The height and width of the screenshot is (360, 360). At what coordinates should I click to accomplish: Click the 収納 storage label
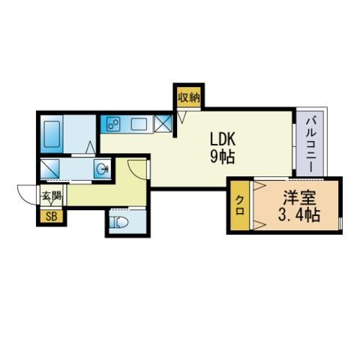click(189, 97)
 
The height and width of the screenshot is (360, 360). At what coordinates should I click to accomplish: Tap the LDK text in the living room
click(223, 139)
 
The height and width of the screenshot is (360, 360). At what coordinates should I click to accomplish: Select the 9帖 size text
click(222, 157)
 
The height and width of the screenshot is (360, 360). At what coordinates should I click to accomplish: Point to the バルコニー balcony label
click(310, 145)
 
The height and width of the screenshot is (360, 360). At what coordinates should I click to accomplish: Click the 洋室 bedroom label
click(299, 197)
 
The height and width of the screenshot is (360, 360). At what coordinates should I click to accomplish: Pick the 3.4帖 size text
click(299, 214)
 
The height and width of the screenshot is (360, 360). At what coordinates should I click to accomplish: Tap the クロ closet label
click(240, 205)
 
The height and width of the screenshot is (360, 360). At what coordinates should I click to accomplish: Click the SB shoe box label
click(52, 217)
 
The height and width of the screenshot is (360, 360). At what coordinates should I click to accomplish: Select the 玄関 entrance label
click(52, 196)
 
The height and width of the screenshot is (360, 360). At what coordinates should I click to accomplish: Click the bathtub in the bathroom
click(52, 134)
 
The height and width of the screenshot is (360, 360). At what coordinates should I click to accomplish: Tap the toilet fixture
click(119, 222)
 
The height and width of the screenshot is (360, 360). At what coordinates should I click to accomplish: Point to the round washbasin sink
click(103, 169)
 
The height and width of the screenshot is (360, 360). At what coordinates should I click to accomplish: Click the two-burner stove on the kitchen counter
click(113, 124)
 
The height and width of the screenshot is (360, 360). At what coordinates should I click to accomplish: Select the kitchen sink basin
click(139, 124)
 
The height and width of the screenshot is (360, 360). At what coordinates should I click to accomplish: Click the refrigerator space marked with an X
click(163, 124)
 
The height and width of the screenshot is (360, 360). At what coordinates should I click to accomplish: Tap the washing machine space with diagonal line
click(50, 169)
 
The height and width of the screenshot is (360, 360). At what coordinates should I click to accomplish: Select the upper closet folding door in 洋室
click(259, 186)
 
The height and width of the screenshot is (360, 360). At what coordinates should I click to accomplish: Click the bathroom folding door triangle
click(91, 147)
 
